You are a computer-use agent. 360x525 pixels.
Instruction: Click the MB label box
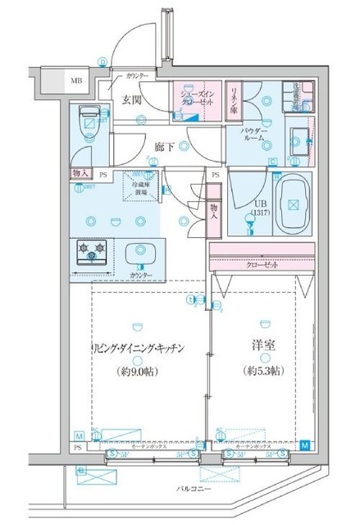pos(75,80)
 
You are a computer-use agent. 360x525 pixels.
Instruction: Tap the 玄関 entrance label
pos(134,101)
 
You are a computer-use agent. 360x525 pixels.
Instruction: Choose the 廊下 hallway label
pos(164,147)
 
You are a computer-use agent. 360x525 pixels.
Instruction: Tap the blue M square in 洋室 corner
pos(304,445)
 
